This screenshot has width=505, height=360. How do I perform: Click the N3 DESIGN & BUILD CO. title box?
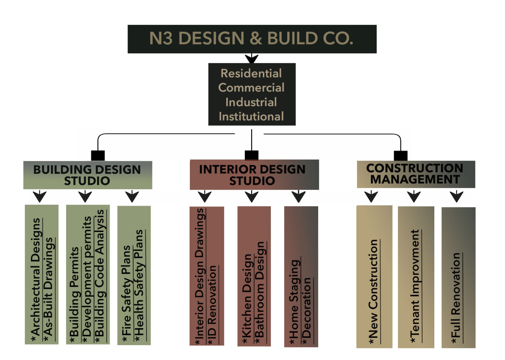point(252,39)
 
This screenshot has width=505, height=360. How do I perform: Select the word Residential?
point(251,73)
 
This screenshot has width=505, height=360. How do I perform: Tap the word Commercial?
point(251,88)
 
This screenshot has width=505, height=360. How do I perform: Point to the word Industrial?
point(251,102)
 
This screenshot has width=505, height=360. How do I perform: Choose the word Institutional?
point(251,117)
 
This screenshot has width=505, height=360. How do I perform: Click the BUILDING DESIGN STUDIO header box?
point(88,175)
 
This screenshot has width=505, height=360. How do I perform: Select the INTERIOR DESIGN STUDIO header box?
point(254,175)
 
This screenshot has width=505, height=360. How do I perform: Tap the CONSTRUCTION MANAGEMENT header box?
point(415,174)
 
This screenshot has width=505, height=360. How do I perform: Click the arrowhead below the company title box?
point(251,59)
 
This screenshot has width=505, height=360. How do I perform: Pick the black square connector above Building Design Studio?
point(98,156)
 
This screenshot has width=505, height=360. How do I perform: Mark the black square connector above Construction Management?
point(401,156)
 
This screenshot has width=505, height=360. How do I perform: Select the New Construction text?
point(373,289)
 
